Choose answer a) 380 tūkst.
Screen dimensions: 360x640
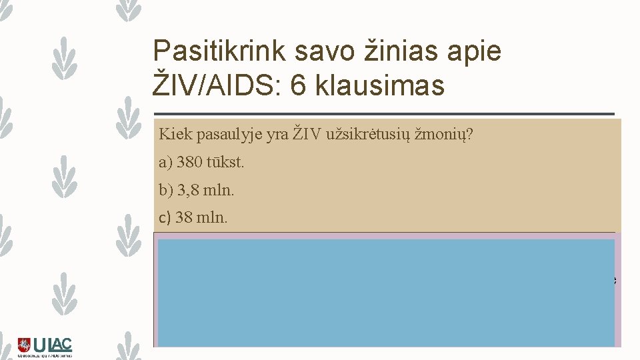[197, 163]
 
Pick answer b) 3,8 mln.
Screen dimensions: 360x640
[197, 190]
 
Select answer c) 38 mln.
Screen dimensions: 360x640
[193, 217]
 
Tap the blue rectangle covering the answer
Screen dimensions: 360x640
[385, 292]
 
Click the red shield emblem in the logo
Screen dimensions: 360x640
[24, 345]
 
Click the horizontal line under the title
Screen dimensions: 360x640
[383, 114]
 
